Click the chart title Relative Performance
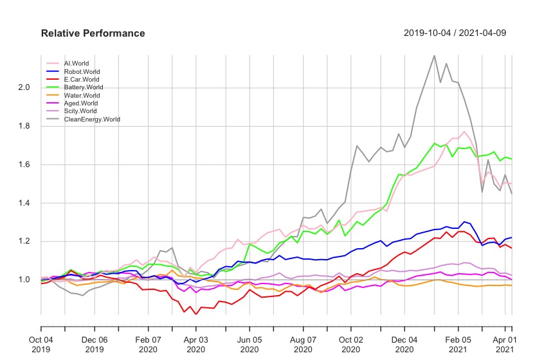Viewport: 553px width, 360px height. (93, 33)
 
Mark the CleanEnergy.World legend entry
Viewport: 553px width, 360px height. (92, 119)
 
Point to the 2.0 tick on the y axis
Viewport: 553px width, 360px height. (24, 87)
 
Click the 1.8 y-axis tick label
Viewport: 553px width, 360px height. (24, 126)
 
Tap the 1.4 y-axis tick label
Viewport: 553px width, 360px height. (24, 203)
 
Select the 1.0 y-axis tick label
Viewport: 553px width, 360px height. (24, 280)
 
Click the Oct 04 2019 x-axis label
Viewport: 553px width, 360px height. (42, 343)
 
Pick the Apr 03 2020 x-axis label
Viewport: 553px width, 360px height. (196, 343)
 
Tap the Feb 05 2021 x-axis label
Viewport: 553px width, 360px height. (457, 343)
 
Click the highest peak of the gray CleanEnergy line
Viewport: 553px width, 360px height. (434, 55)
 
